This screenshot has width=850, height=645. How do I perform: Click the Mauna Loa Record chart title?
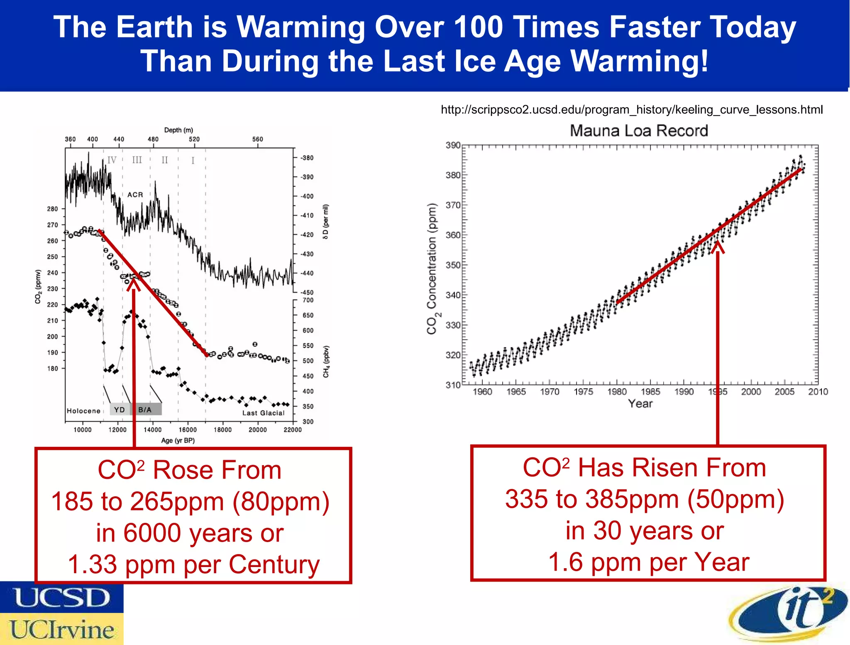click(x=639, y=131)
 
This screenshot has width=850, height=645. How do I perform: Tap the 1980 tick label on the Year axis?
click(x=617, y=392)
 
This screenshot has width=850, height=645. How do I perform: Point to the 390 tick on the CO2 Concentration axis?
click(x=453, y=145)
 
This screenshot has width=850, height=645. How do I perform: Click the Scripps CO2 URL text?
click(x=631, y=110)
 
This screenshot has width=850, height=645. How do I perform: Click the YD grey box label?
click(x=120, y=410)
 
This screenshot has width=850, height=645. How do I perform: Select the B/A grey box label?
click(x=145, y=410)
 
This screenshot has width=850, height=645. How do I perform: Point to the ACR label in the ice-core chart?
click(x=135, y=195)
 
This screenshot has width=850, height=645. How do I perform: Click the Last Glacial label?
click(x=264, y=413)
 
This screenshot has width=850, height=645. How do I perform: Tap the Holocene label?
click(x=83, y=411)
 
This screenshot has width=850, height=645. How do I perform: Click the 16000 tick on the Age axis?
click(x=188, y=430)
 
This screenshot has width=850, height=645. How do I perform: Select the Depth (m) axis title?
click(x=178, y=130)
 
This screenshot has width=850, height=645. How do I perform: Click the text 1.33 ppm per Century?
click(x=193, y=564)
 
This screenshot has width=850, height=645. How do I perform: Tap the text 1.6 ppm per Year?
click(x=649, y=562)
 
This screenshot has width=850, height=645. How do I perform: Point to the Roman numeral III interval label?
click(x=137, y=160)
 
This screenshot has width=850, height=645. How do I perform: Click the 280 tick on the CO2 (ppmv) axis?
click(x=52, y=209)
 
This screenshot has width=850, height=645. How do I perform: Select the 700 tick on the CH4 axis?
click(x=308, y=300)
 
